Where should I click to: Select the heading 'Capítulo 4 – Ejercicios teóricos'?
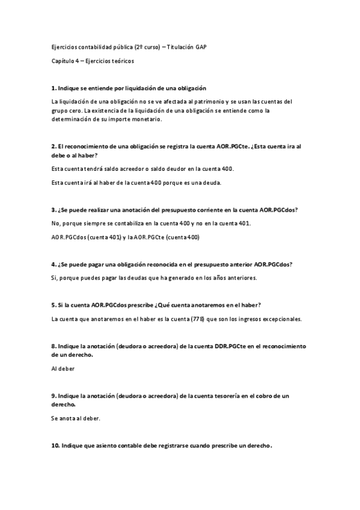coord(93,61)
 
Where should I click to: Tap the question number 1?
coord(54,88)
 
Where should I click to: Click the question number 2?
coord(54,146)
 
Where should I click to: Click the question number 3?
coord(54,209)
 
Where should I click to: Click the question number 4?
coord(54,264)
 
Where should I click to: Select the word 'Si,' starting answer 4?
coord(55,278)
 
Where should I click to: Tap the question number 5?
coord(54,305)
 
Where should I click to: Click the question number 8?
coord(54,346)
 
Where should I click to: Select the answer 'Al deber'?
coord(63,368)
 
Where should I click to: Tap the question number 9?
coord(54,396)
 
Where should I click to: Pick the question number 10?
coord(56,446)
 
